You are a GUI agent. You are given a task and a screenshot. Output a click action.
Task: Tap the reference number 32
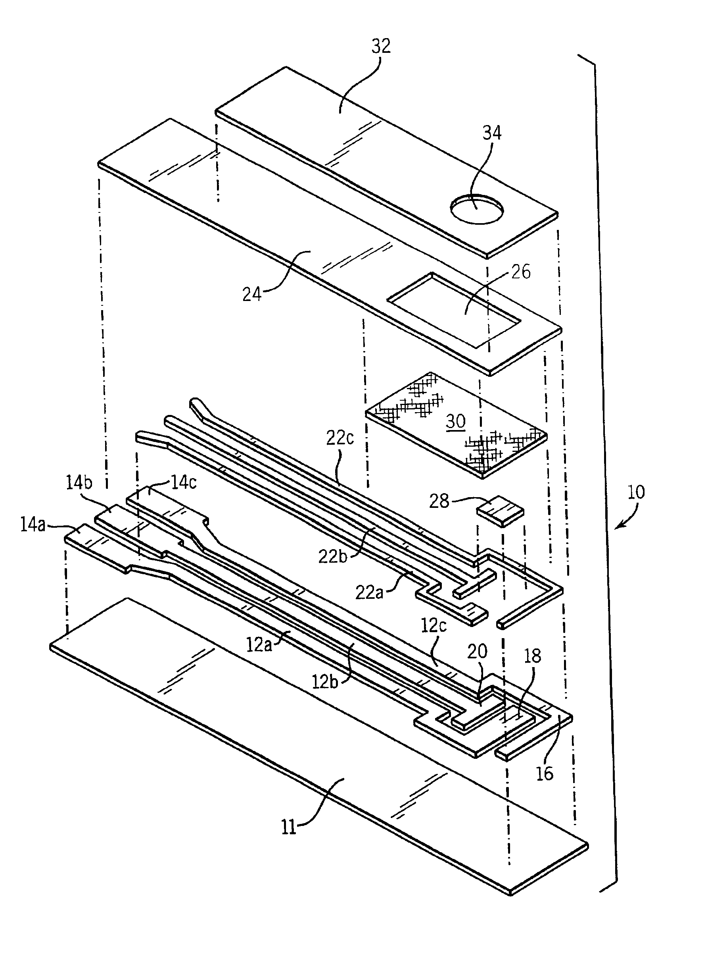[x=381, y=46]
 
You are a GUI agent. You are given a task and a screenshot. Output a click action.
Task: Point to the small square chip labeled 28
[x=500, y=511]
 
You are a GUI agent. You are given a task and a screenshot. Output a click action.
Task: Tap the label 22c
[x=340, y=438]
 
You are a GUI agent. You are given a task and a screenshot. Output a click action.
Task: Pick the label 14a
[x=33, y=525]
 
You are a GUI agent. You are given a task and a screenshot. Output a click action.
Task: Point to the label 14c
[x=184, y=483]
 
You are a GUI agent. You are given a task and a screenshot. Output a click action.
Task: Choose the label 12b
[x=325, y=681]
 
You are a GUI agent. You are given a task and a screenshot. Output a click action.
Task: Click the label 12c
[x=434, y=626]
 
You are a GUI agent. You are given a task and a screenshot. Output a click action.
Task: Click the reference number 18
[x=532, y=656]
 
